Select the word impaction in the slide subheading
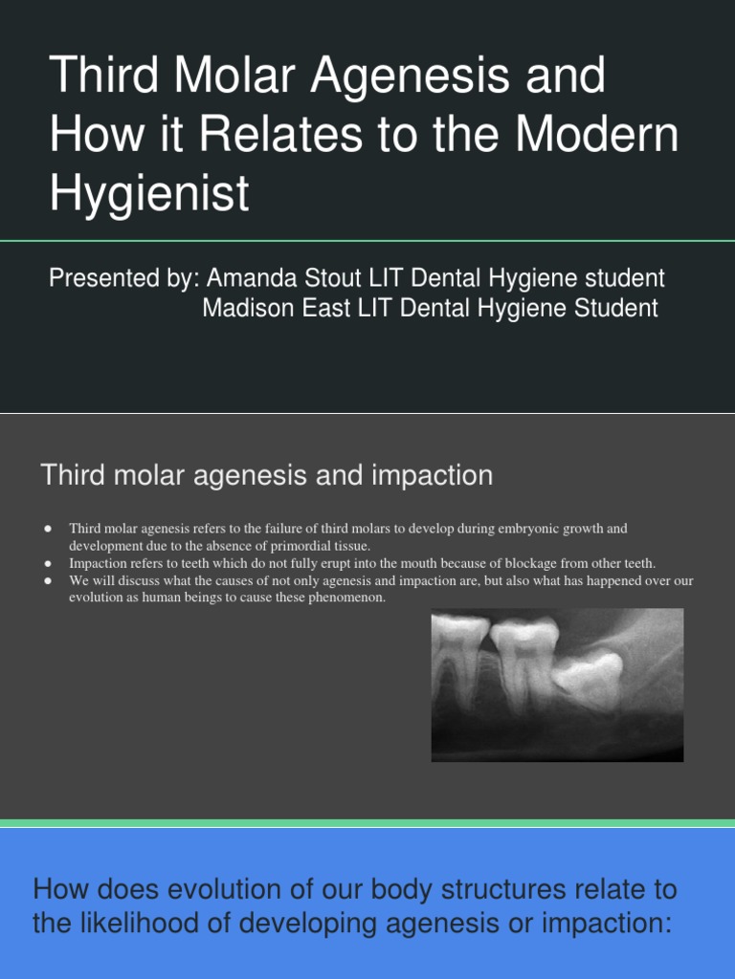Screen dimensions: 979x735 tap(434, 475)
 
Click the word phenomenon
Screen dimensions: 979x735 tap(347, 598)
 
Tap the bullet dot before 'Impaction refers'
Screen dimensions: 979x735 tap(46, 563)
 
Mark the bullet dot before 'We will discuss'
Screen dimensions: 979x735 tap(46, 580)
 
